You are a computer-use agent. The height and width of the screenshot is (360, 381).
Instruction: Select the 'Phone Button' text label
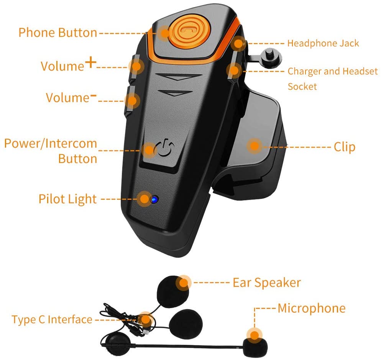coord(57,32)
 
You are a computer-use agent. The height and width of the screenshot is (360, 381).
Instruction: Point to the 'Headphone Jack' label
coord(323,43)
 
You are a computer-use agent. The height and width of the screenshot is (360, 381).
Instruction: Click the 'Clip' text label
coord(344,147)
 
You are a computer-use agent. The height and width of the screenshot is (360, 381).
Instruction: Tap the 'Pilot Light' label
coord(67,199)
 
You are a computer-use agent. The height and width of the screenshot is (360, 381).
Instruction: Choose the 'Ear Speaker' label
coord(267,283)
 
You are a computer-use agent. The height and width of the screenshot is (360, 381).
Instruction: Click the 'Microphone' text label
coord(311,308)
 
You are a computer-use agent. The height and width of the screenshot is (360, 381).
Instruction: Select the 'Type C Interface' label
coord(52,319)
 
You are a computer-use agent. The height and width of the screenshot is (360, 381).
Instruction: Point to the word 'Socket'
coord(302,86)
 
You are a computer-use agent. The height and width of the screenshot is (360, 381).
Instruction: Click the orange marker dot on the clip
coord(253,145)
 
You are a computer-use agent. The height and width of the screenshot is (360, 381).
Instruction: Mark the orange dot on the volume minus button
coord(131,101)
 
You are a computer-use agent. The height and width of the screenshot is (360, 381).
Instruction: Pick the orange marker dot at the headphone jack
coord(239,43)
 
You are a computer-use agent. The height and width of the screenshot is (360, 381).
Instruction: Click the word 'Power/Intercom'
coord(51,144)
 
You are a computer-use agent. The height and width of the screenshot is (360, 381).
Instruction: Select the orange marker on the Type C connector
coord(145,319)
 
